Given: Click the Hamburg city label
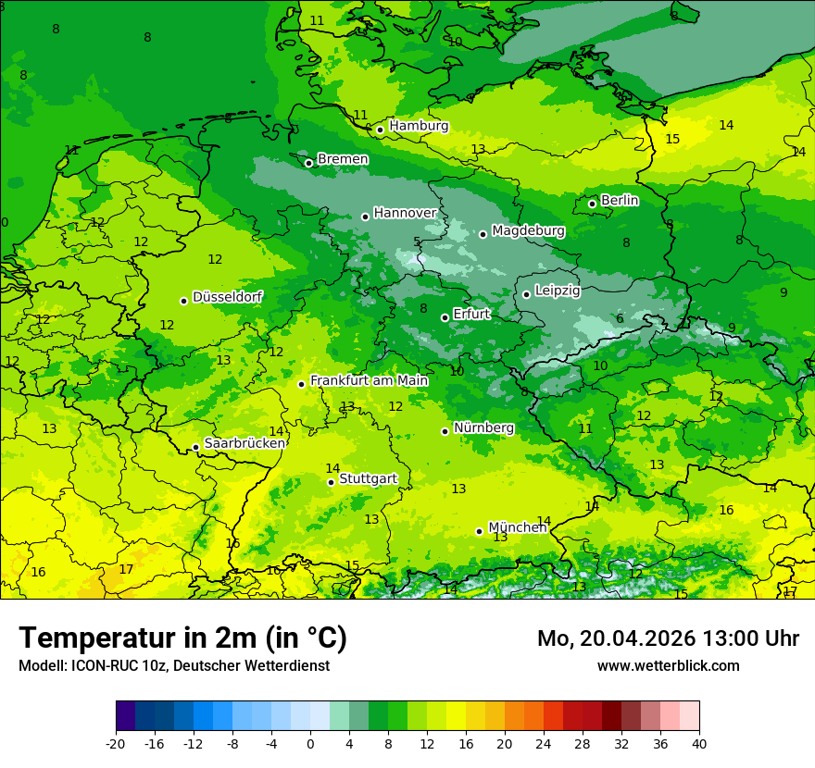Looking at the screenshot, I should coord(419,126).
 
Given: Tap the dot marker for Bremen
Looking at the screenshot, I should coord(309,163).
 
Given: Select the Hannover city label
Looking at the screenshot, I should coord(405,213).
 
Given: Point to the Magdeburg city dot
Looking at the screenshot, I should coord(483,234).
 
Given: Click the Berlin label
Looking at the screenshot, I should coord(620,200).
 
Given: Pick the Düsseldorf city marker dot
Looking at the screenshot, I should coord(184,301).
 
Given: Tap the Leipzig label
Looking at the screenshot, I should coord(558,291).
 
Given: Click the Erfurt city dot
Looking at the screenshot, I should coord(445,317).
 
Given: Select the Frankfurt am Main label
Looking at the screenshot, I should coord(369,380).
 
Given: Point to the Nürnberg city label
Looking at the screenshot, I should coord(483,427).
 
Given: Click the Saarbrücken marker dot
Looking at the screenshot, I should coord(196,448).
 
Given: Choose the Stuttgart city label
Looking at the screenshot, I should coord(369,478).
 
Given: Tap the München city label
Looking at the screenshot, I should coord(518,527).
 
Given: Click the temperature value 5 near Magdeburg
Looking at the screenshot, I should coord(417,242).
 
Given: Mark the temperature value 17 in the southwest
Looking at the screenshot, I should coord(127,569).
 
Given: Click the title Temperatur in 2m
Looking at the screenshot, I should coord(182,638).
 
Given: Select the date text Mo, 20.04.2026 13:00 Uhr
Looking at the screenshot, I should coord(668,638).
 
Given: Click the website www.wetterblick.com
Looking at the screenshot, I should coord(668,665).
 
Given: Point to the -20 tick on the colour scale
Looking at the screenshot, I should coord(116,743).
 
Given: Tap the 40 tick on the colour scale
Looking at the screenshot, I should coord(699,743).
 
